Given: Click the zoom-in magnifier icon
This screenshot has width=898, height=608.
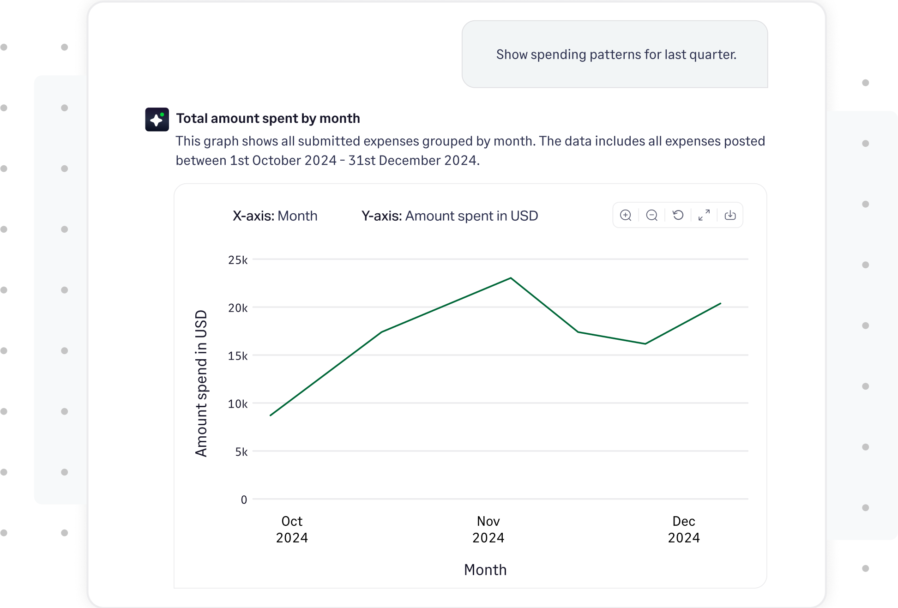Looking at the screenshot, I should click(x=626, y=215).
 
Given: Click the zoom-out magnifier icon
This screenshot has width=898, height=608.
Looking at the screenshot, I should click(x=651, y=215).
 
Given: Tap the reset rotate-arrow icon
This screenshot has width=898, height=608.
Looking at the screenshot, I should click(x=678, y=215).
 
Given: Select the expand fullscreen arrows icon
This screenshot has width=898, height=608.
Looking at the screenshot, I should click(x=704, y=215).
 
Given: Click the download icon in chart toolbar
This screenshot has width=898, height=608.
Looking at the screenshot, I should click(x=730, y=215).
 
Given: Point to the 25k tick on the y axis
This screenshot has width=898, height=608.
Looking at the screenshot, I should click(x=238, y=260).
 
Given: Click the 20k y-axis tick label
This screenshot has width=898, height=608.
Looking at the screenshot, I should click(x=238, y=308).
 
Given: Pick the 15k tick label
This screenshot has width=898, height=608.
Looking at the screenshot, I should click(x=238, y=356).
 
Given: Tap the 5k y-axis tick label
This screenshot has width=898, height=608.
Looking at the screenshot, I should click(x=241, y=452).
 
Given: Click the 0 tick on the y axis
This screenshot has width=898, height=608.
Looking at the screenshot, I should click(x=244, y=500).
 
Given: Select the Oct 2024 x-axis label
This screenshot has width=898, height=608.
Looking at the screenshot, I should click(x=292, y=530).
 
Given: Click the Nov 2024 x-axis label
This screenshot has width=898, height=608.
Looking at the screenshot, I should click(x=488, y=530).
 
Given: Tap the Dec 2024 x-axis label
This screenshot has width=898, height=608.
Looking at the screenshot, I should click(x=684, y=530).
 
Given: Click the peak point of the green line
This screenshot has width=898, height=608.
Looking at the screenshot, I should click(x=511, y=278).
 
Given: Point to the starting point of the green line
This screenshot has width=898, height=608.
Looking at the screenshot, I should click(x=271, y=415).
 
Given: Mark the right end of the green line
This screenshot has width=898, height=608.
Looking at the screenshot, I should click(x=720, y=304).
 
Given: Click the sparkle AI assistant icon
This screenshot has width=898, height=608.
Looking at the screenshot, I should click(x=157, y=120).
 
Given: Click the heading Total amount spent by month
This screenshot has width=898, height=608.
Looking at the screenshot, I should click(x=268, y=119).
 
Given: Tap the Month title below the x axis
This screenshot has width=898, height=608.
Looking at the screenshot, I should click(x=485, y=570).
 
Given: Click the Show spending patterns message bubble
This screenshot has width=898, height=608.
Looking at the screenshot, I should click(x=615, y=54).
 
